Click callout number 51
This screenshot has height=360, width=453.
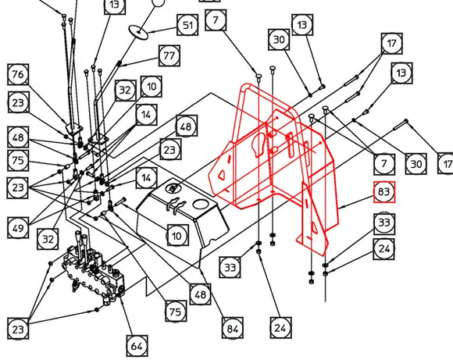[187, 25]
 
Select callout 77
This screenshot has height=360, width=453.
[169, 55]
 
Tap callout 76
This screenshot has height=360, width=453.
[18, 74]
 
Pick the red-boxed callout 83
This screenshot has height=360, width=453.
[384, 192]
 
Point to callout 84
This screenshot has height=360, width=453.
[233, 328]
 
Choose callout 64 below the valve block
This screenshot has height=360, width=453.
[137, 346]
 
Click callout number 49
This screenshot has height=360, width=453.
[18, 228]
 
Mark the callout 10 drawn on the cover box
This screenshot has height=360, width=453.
[177, 236]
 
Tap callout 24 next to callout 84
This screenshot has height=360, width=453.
[281, 328]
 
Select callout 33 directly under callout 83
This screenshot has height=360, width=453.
[384, 223]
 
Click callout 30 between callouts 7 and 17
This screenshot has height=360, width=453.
[416, 164]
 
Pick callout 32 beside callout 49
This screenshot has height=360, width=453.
[48, 239]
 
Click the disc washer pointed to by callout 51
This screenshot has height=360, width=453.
[138, 32]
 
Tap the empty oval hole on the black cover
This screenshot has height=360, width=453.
[200, 205]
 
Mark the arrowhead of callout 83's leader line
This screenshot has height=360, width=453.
[341, 208]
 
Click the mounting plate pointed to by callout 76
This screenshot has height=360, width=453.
[74, 129]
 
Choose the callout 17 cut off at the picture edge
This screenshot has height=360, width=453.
[447, 164]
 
